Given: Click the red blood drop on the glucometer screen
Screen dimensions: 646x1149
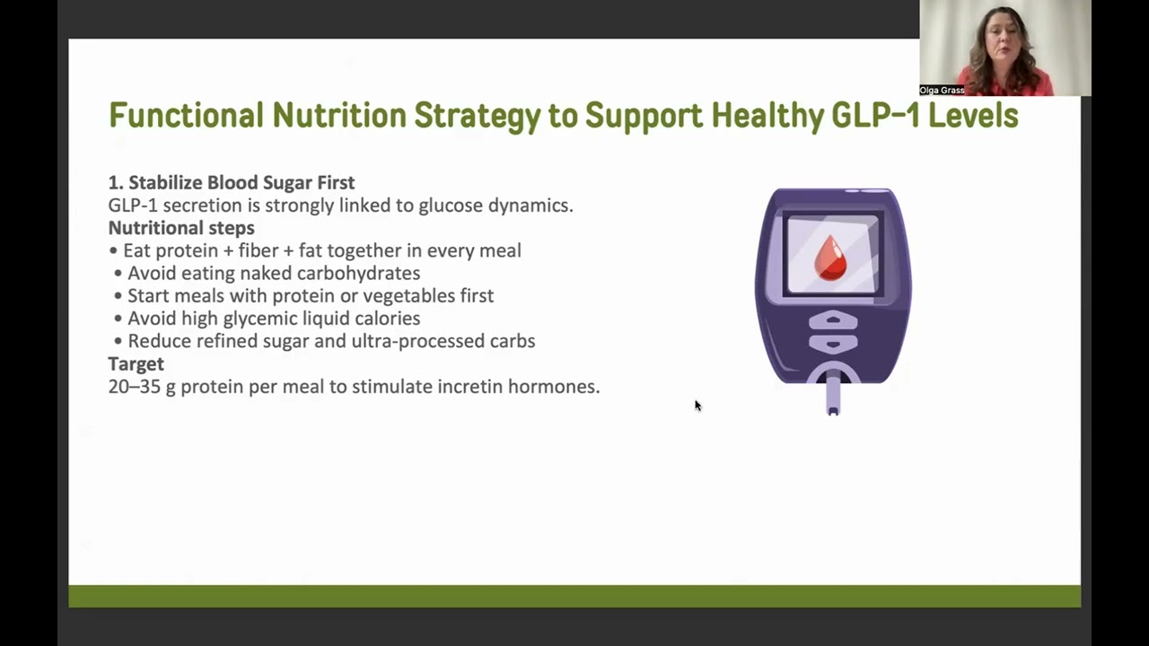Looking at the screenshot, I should point(830,258).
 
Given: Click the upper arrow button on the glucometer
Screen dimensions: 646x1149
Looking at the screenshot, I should point(832,321).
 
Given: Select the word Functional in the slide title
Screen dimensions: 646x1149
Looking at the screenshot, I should point(186,116).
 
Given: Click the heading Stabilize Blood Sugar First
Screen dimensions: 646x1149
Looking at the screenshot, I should point(241,183).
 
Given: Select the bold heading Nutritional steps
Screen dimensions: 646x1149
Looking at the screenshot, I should point(181,228).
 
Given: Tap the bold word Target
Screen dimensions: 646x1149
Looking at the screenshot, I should point(136,363).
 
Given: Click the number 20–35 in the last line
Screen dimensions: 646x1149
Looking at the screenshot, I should point(135,387).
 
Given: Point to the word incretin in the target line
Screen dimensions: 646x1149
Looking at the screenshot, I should point(469,387).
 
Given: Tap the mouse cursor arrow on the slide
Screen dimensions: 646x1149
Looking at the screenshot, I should point(697,406).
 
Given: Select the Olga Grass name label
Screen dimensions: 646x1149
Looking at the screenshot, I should point(942,91).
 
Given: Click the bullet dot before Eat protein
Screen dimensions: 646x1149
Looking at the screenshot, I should point(113,251).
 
